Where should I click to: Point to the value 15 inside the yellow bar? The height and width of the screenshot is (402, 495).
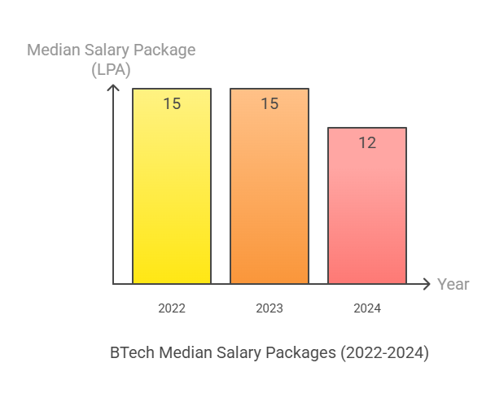click(172, 103)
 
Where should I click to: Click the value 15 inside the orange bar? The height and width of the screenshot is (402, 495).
click(269, 103)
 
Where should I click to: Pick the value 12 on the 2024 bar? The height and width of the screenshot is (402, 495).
click(367, 142)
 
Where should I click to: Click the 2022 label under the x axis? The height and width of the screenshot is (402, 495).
click(172, 308)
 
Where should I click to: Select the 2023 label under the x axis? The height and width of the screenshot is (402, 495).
click(269, 308)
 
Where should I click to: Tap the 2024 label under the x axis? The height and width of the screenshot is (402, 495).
click(367, 308)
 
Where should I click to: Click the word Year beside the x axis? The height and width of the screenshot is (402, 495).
click(453, 284)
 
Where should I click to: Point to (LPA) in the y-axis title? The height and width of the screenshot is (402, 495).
click(111, 70)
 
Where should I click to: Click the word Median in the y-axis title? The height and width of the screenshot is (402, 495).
click(54, 50)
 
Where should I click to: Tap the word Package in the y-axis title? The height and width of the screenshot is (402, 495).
click(167, 50)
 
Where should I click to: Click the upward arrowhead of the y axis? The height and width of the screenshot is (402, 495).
click(114, 86)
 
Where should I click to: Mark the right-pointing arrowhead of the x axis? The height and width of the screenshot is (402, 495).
click(426, 284)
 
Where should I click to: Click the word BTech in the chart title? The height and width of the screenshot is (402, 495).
click(132, 352)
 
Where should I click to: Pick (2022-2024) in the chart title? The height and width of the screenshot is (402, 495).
click(384, 352)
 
